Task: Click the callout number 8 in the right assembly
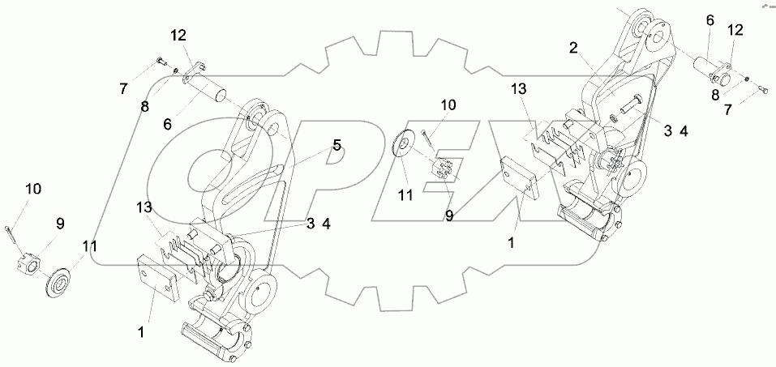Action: [x=714, y=95]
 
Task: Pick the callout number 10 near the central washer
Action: [x=448, y=105]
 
